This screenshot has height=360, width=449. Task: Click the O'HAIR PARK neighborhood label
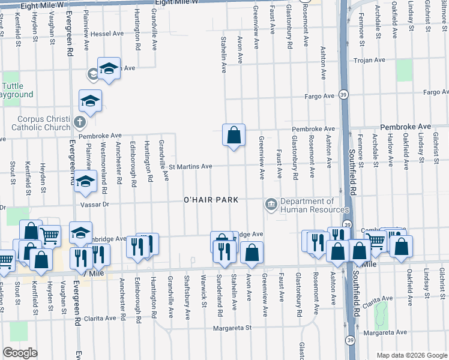(x=211, y=199)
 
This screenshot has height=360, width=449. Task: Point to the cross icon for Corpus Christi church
(x=79, y=123)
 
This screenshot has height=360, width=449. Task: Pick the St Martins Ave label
(x=190, y=166)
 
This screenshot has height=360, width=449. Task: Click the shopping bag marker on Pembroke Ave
(x=234, y=135)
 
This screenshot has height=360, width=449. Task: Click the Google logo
(x=20, y=353)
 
